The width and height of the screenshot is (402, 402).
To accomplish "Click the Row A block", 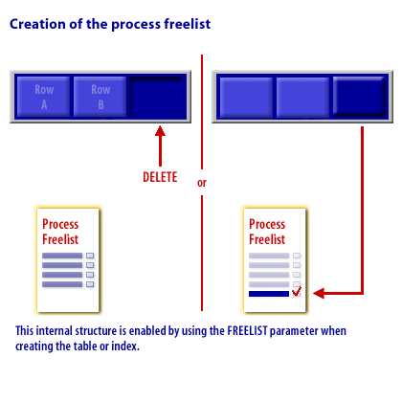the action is [43, 97].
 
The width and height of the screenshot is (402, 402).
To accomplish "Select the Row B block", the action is [100, 97].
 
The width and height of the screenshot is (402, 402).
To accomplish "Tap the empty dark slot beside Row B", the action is [158, 97].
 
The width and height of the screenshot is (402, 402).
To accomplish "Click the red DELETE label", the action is [160, 177].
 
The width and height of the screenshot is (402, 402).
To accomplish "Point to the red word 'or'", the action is [202, 183].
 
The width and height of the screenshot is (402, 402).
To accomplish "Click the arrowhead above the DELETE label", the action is [160, 131].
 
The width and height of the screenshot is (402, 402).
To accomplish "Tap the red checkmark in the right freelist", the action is [297, 291].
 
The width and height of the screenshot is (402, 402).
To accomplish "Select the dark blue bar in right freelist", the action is [269, 294].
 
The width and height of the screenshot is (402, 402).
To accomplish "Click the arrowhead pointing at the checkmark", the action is [319, 293].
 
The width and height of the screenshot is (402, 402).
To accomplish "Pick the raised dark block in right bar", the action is [359, 97].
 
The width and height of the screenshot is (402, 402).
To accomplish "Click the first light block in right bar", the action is [246, 97].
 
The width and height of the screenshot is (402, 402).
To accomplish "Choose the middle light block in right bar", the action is [302, 97].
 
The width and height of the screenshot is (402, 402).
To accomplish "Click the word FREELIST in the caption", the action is [247, 331].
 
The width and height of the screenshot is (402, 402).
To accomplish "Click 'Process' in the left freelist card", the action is [60, 224].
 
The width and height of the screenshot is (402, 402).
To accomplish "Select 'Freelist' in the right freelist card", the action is [267, 239].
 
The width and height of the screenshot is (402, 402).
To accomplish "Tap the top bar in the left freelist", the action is [62, 256].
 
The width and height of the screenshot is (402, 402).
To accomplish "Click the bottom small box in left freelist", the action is [90, 284].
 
